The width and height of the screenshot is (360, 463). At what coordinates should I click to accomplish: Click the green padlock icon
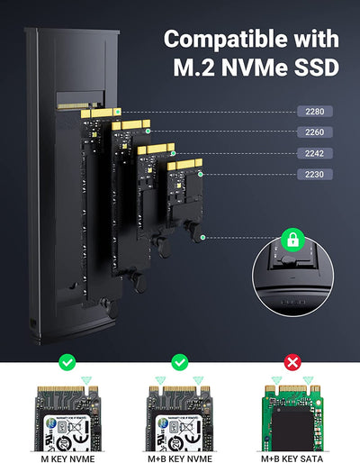(x=290, y=238)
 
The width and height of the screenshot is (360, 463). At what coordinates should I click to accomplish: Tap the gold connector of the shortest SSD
(x=185, y=166)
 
